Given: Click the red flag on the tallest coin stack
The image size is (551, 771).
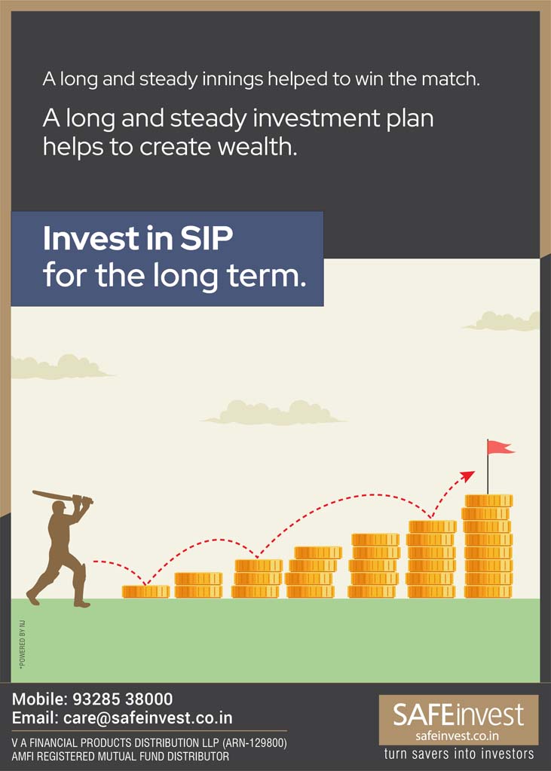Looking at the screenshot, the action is click(500, 447).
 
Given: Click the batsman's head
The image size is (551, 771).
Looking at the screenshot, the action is click(59, 507).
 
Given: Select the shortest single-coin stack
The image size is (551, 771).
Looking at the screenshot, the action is click(145, 592).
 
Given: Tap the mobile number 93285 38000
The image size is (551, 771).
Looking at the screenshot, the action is click(123, 699).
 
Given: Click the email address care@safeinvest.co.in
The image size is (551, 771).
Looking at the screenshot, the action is click(148, 717).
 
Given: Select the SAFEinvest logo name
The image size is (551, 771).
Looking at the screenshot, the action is click(458, 715).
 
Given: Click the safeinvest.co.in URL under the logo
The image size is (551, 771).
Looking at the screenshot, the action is click(458, 736).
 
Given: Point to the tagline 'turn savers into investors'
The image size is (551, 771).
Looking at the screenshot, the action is click(459, 754).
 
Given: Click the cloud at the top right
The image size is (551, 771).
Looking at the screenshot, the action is click(502, 321).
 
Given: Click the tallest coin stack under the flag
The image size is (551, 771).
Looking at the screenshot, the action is click(488, 546).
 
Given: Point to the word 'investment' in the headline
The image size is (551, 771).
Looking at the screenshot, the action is click(309, 119).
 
